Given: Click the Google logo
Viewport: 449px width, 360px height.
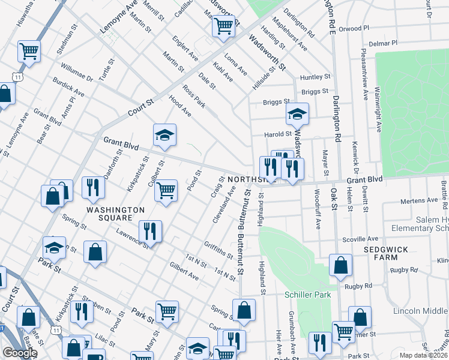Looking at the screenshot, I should tap(20, 353).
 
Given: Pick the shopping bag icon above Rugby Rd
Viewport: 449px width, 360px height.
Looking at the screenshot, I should tap(340, 265).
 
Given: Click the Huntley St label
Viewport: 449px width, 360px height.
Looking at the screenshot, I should tap(315, 77).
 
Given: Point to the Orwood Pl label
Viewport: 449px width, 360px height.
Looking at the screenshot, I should tap(359, 28).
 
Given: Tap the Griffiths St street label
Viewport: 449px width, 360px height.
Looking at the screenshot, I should tap(218, 250).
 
